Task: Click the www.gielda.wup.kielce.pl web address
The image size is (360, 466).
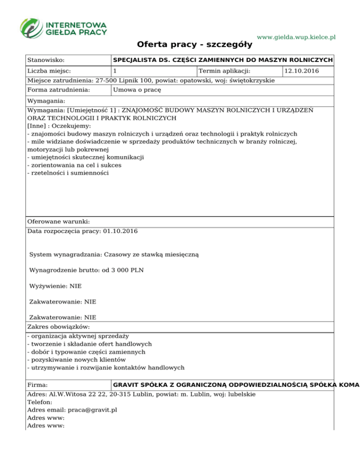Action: (x=296, y=37)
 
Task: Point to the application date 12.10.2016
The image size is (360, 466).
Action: (x=301, y=71)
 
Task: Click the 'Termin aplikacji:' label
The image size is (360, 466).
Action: (x=225, y=71)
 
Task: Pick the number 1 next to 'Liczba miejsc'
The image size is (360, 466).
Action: (x=115, y=71)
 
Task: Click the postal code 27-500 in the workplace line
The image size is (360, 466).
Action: (x=106, y=80)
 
